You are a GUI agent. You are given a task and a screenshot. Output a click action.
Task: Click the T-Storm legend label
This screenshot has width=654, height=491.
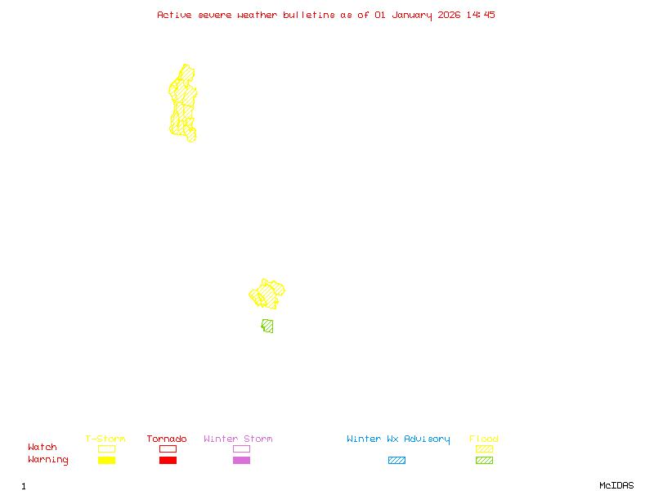point(105,439)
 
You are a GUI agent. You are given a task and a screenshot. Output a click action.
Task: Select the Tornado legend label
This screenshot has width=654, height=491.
point(167,439)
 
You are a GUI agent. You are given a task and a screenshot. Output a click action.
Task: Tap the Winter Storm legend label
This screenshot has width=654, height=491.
point(238,439)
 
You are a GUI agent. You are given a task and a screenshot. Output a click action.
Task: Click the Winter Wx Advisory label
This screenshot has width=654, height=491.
point(398,439)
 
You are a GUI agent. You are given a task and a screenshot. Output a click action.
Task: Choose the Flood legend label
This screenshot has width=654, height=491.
point(484,439)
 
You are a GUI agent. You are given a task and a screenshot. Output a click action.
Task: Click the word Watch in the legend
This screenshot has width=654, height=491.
point(43,448)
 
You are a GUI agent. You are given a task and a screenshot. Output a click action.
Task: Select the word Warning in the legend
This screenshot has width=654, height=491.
point(47,460)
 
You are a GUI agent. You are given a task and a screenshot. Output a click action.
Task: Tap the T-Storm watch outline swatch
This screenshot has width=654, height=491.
point(106,448)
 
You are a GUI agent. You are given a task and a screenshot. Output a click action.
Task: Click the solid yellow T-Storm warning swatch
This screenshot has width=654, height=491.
point(106,461)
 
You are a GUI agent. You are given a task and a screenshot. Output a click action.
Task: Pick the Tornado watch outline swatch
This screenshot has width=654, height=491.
point(168,448)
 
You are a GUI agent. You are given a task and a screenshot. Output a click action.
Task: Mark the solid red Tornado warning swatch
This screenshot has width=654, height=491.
point(168,461)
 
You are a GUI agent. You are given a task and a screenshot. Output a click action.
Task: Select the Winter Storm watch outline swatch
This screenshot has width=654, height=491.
point(241,448)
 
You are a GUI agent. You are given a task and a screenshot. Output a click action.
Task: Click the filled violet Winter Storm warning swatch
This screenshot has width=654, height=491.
point(241,461)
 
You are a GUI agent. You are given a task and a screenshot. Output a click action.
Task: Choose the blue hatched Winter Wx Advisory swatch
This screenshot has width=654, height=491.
point(396,461)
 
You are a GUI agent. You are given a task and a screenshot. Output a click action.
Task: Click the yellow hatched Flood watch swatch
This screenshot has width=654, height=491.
point(484,448)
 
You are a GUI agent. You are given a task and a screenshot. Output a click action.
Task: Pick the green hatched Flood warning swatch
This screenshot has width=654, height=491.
point(484,461)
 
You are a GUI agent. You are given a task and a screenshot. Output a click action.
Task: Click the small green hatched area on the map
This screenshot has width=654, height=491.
point(267,326)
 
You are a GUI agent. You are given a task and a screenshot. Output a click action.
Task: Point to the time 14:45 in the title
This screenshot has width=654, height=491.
point(481,15)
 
